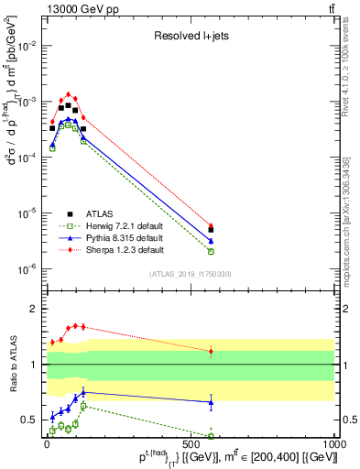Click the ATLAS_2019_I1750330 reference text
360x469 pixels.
(x=189, y=274)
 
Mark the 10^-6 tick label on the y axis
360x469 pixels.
(x=27, y=268)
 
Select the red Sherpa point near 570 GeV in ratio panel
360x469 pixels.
(x=211, y=352)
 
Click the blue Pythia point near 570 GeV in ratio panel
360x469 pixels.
(x=211, y=402)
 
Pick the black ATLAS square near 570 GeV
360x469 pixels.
(x=211, y=230)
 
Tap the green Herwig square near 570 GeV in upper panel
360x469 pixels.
(x=211, y=251)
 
